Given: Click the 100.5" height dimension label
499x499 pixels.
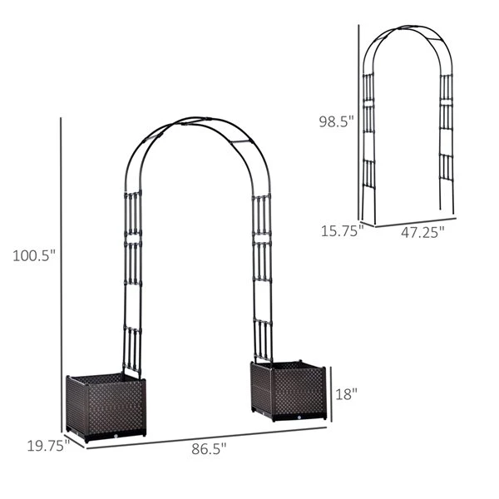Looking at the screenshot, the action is pos(34,255).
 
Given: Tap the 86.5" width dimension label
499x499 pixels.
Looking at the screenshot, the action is pos(209,449).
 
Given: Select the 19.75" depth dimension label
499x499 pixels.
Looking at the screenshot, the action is pos(48,446).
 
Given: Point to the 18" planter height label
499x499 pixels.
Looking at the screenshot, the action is pos(346,394).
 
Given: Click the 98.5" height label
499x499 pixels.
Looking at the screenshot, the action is pos(336,121).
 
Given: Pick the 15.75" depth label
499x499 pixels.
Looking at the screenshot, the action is pos(342,230).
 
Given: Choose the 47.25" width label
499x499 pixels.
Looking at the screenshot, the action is pos(422,232).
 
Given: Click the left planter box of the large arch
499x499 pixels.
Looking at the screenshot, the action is pos(106,408).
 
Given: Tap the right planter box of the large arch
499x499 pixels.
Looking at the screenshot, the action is pos(289,391).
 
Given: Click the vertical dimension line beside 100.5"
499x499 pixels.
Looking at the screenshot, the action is pos(61,275).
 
